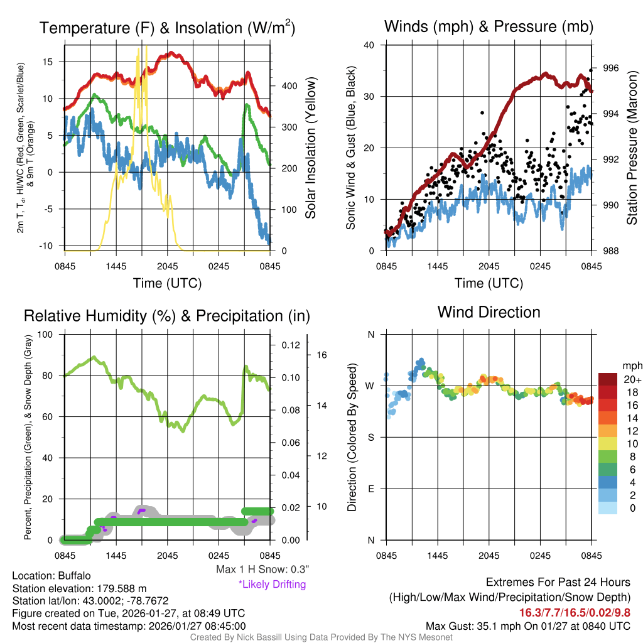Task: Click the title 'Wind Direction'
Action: coord(489,312)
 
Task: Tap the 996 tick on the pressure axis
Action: coord(611,68)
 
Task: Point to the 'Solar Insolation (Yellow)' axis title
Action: coord(311,148)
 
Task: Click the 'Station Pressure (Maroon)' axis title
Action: coord(632,148)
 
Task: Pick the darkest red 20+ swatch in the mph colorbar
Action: coord(610,379)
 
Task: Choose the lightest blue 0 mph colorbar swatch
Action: coord(610,508)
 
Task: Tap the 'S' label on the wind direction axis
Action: coord(370,437)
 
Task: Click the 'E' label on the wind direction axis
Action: coord(370,489)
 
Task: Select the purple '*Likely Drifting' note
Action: coord(272,585)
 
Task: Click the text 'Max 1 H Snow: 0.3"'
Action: coord(262,570)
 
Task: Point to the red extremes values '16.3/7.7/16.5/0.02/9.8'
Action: coord(575,612)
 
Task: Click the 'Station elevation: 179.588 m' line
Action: coord(79,588)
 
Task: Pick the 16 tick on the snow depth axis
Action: coord(322,355)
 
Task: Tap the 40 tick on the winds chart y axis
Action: coord(369,45)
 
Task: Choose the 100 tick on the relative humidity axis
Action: coord(46,334)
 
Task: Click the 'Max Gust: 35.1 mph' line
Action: coord(527,626)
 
